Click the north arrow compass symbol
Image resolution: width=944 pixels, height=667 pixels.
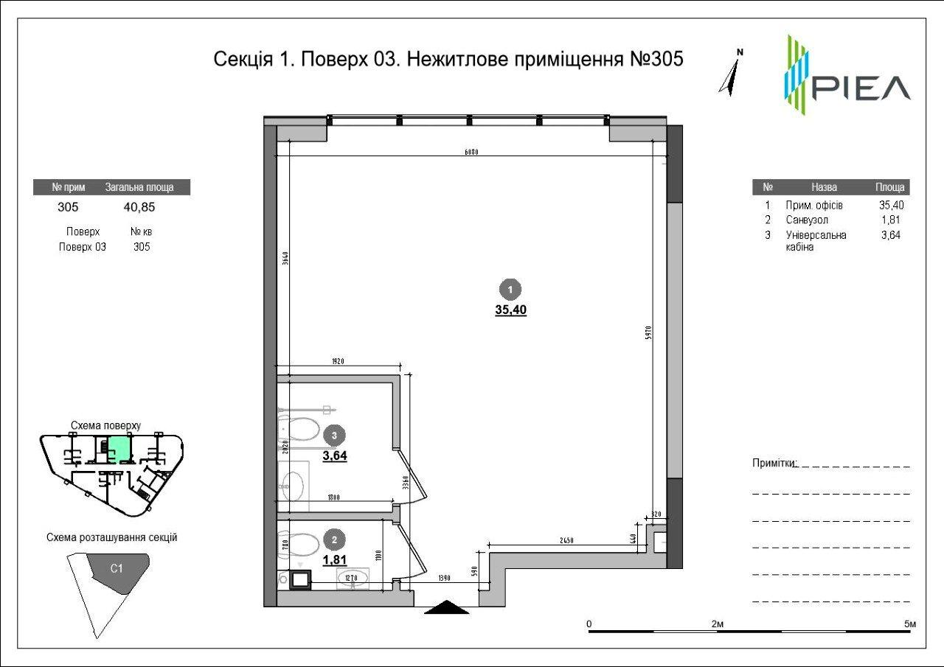click(731, 74)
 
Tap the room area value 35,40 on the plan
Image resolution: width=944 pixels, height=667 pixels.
click(510, 310)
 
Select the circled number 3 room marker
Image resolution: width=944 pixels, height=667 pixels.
click(335, 436)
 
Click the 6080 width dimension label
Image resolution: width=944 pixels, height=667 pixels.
click(472, 153)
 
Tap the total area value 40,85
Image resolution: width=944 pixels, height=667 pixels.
click(139, 207)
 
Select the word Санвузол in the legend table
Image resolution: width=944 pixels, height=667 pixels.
click(806, 220)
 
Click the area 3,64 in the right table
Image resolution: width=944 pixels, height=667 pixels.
click(892, 235)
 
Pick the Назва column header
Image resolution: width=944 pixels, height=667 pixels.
click(824, 187)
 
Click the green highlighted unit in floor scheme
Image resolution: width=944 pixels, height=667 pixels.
click(119, 447)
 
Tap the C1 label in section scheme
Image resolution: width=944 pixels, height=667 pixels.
click(117, 568)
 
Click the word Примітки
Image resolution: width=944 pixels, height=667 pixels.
click(774, 463)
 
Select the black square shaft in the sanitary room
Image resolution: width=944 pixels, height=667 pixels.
click(300, 582)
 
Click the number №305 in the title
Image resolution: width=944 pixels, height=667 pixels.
click(656, 59)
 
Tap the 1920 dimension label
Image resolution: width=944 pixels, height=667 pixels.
click(338, 362)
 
